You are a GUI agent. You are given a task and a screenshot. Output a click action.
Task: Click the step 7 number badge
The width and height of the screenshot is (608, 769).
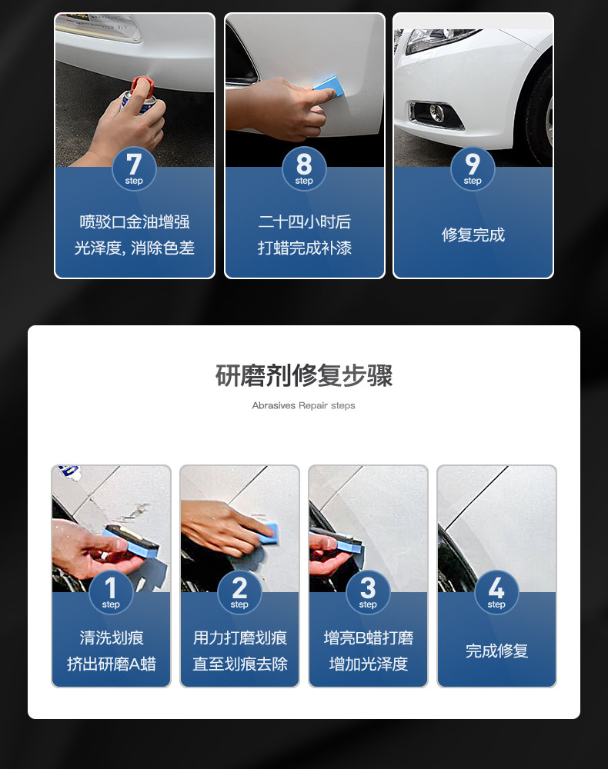click(134, 168)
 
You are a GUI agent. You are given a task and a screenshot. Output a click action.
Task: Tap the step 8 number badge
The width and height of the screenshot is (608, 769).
click(304, 168)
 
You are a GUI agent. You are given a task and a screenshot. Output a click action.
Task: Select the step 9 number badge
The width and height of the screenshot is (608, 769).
click(473, 168)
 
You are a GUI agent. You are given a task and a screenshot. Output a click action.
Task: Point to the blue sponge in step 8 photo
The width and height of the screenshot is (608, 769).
click(326, 83)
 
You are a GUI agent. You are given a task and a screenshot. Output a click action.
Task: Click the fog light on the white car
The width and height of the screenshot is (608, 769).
click(436, 113)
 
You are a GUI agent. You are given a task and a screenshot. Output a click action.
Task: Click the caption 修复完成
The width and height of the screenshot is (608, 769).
click(473, 235)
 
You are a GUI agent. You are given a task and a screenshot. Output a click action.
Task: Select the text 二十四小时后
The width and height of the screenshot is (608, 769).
click(304, 222)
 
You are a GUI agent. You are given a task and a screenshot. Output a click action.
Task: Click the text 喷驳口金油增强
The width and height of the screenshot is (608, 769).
click(135, 222)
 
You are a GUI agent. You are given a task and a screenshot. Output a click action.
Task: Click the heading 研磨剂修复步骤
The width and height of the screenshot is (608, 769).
click(304, 376)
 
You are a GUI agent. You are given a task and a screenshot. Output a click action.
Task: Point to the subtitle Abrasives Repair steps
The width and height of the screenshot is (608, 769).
click(303, 405)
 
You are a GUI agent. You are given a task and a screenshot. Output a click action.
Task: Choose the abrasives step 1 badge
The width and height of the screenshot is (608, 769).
click(111, 592)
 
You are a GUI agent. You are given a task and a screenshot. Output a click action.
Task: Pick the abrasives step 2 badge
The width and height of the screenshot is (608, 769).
click(239, 592)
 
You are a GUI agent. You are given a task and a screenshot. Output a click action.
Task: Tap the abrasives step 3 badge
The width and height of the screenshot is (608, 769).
click(368, 592)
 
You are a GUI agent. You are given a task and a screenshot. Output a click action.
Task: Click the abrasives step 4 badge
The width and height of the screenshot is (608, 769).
click(496, 592)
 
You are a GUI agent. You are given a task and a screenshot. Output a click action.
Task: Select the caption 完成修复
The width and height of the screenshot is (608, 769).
click(496, 651)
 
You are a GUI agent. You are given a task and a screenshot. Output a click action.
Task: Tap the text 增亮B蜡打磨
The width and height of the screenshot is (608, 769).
click(369, 638)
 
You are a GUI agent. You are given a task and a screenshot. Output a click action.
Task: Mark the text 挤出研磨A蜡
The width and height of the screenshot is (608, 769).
click(112, 664)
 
